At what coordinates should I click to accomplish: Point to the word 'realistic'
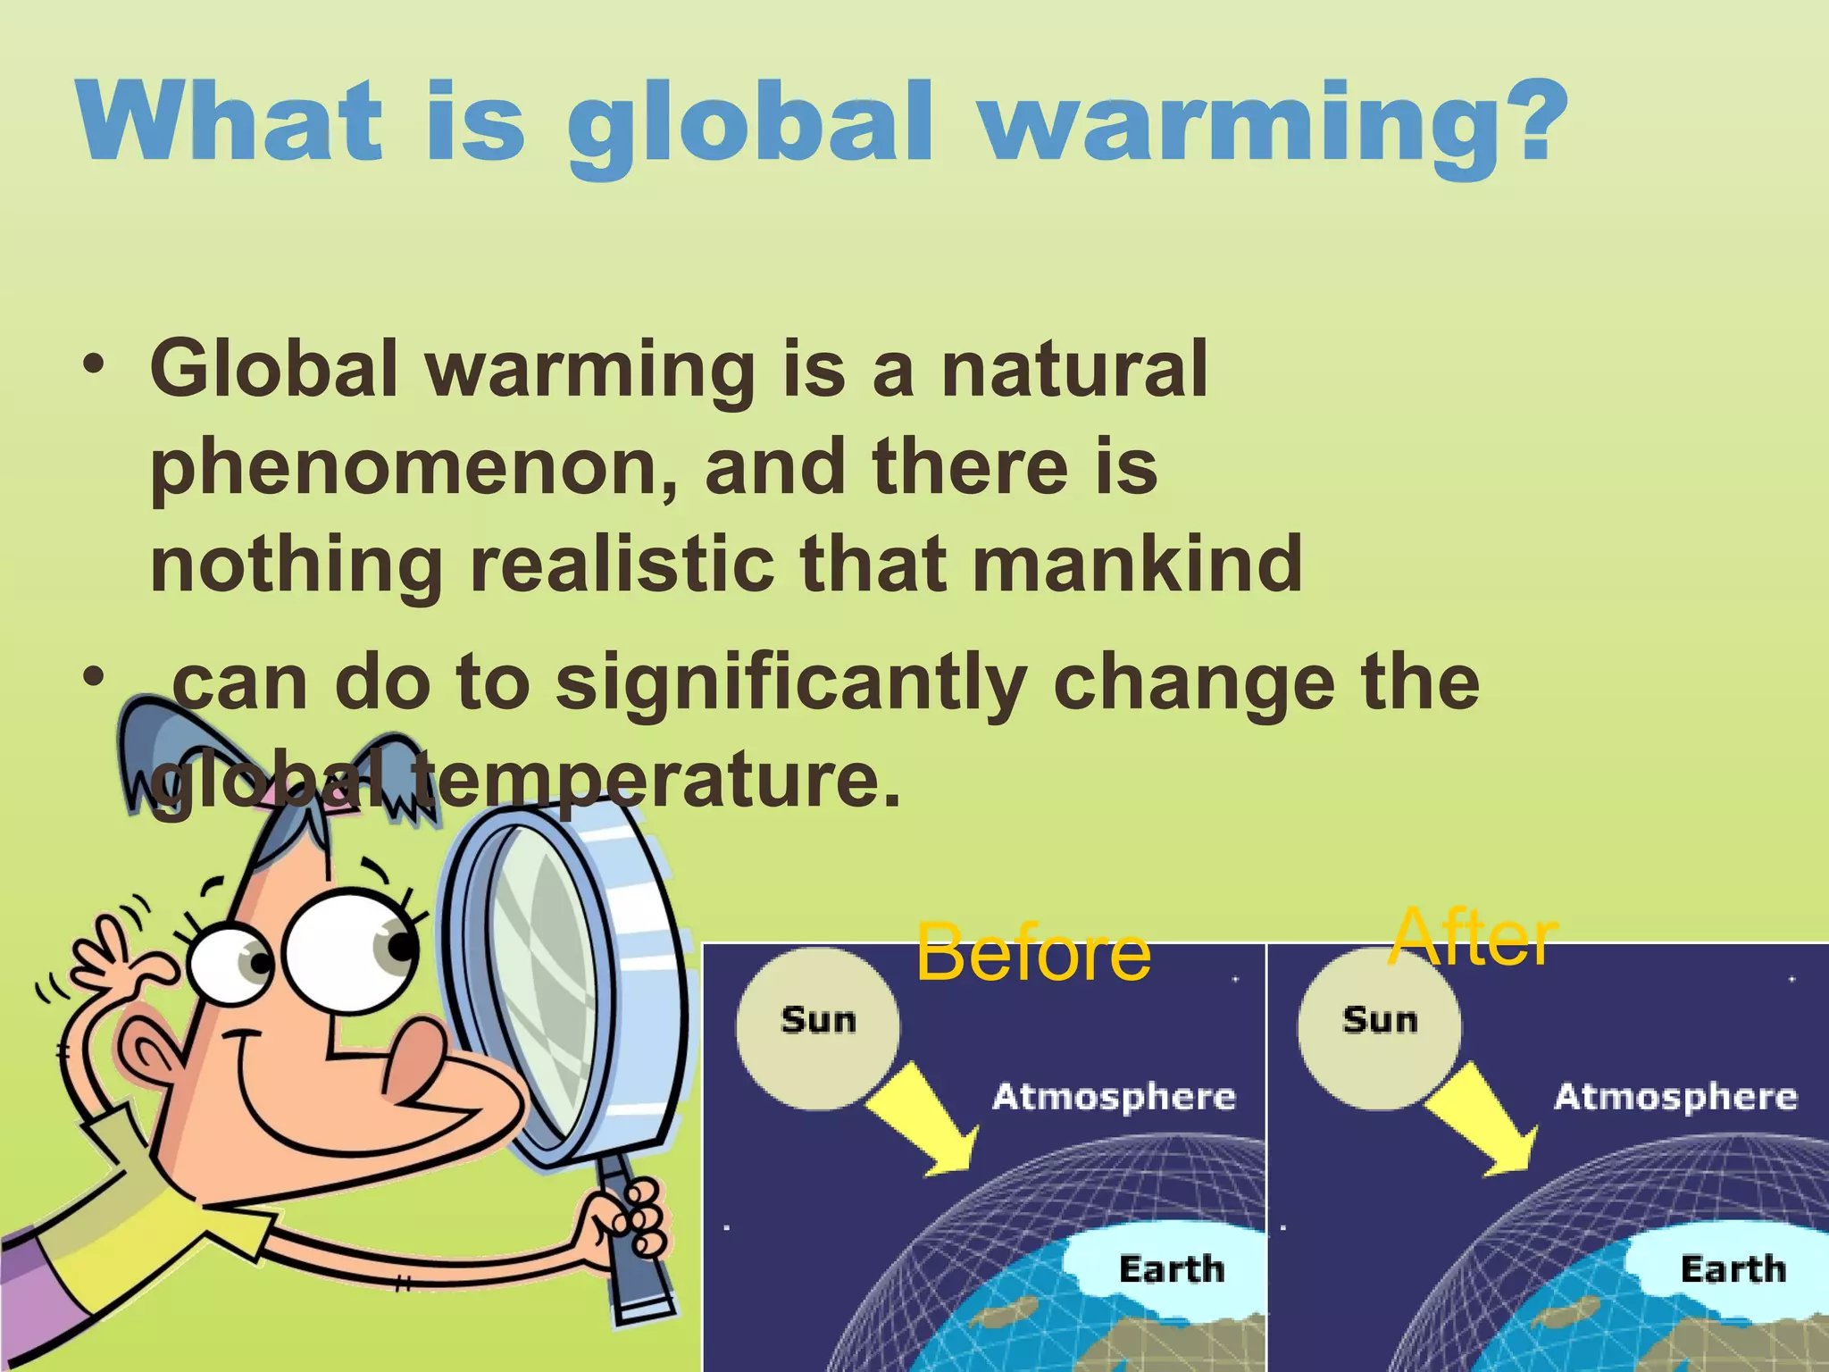click(x=622, y=565)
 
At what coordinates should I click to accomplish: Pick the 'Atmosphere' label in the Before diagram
click(x=1114, y=1097)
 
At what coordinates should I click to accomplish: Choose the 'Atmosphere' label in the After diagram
click(x=1675, y=1097)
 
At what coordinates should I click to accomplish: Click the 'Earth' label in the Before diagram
click(x=1171, y=1269)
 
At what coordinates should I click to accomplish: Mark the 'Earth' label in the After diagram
click(x=1733, y=1269)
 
